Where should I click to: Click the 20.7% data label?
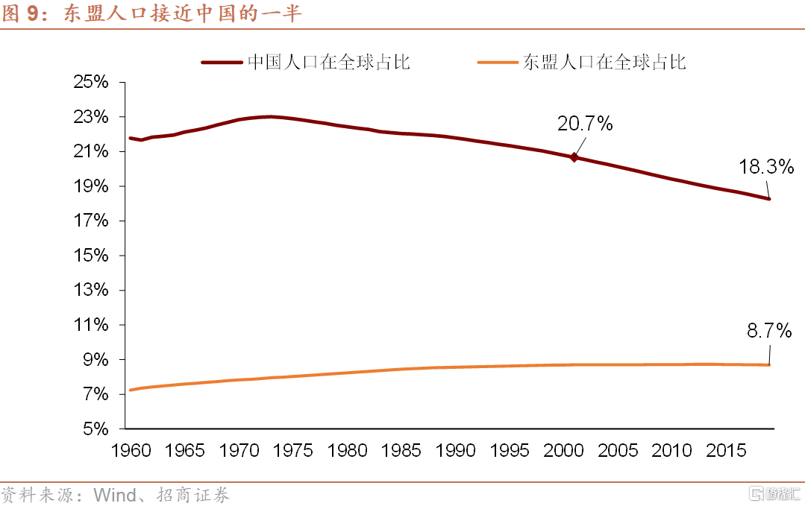(x=585, y=124)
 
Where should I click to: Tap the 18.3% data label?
(x=766, y=167)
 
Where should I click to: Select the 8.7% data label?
(x=769, y=331)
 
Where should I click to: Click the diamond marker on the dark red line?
(x=574, y=157)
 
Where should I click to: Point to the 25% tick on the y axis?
(x=90, y=83)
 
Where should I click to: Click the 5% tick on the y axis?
(x=95, y=429)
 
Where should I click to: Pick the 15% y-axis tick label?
(x=90, y=256)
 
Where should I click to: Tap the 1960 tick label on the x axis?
(x=131, y=451)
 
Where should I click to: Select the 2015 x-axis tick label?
(x=725, y=451)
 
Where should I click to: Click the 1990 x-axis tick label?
(x=456, y=451)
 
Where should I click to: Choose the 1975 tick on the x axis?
(x=293, y=451)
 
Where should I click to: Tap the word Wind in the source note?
(x=114, y=495)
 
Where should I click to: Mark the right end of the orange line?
(x=769, y=364)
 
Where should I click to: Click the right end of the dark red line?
(x=769, y=199)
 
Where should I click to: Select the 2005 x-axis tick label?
(x=618, y=451)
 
